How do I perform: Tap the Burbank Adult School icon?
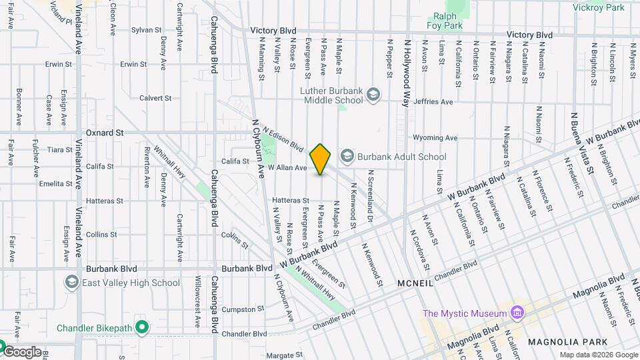point(347,157)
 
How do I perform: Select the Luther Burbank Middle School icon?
point(373,94)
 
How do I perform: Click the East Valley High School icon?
point(71,283)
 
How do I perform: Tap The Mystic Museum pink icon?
point(517,313)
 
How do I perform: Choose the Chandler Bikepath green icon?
point(141,327)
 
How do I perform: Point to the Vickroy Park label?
point(599,7)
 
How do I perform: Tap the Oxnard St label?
point(105,133)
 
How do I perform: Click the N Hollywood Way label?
point(405,73)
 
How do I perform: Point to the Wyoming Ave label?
point(435,138)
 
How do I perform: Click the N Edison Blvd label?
point(283,139)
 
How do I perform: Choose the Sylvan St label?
point(147,30)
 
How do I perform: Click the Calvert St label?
point(156,98)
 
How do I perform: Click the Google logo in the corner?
point(22,352)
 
